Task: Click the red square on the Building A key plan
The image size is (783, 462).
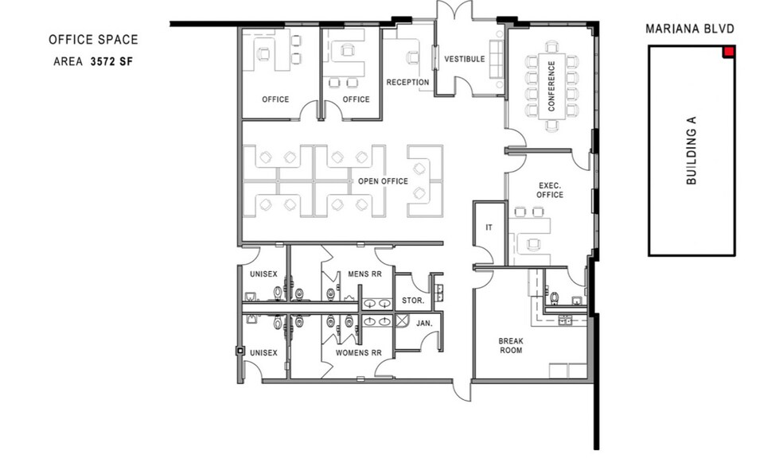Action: click(x=729, y=52)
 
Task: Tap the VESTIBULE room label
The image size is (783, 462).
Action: click(x=465, y=59)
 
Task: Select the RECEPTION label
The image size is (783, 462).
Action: click(x=407, y=83)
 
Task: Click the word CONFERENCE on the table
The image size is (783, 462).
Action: click(x=551, y=85)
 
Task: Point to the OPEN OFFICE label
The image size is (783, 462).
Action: click(x=383, y=181)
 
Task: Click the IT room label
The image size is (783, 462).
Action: click(x=489, y=227)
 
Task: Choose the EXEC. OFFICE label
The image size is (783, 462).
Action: click(x=550, y=190)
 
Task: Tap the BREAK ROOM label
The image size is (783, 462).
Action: click(x=511, y=346)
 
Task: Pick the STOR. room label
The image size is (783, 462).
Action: click(x=413, y=301)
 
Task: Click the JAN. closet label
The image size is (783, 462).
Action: click(x=424, y=324)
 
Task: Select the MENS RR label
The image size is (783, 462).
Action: click(x=364, y=274)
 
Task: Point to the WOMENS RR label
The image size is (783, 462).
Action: click(x=359, y=353)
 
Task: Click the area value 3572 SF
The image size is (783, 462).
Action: click(x=112, y=61)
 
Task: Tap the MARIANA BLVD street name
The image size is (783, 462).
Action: click(x=690, y=29)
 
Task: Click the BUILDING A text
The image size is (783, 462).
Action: click(x=691, y=150)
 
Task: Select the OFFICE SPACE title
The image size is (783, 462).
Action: click(x=93, y=40)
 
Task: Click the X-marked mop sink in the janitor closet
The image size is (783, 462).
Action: click(x=402, y=320)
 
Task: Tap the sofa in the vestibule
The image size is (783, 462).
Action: click(x=497, y=57)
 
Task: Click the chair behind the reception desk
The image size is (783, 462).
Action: click(x=412, y=58)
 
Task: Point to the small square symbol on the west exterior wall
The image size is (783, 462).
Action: click(x=240, y=351)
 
